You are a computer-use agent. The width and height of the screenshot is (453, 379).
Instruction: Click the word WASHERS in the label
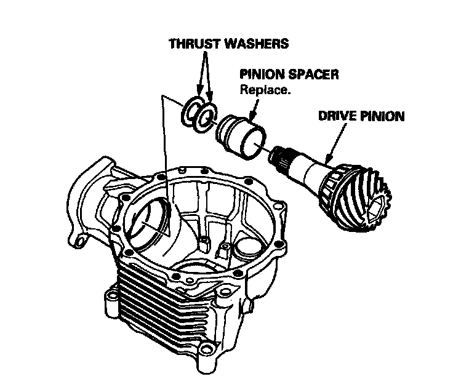[x=258, y=45]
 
